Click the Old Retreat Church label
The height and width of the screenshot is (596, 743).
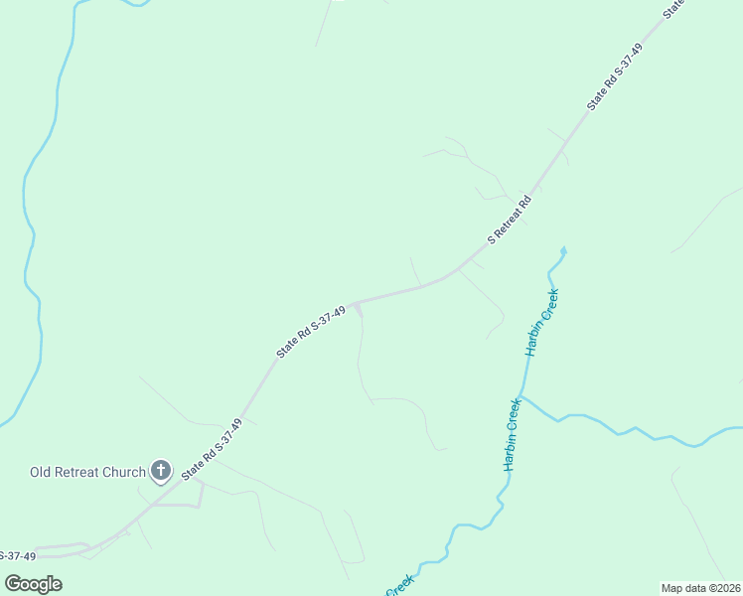pos(87,472)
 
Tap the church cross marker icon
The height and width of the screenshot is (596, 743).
pos(161,471)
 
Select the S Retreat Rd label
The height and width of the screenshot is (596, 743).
pos(510,221)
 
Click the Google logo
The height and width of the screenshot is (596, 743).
pos(34,583)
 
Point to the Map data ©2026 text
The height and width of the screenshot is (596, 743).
pos(700,588)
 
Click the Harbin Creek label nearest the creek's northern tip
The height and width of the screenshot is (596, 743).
pos(543,322)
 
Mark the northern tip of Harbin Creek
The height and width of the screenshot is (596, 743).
pos(563,248)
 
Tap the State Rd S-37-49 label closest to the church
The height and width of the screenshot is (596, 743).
pos(212,450)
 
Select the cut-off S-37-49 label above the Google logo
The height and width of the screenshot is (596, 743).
pos(17,555)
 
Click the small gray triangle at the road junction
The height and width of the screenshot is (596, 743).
pos(359,310)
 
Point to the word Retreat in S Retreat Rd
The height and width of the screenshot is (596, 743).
pos(512,219)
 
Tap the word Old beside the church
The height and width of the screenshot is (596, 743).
pos(42,472)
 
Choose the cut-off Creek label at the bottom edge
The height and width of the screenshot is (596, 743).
pos(398,587)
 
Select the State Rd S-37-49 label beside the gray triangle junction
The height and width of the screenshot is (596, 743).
pos(311,332)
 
